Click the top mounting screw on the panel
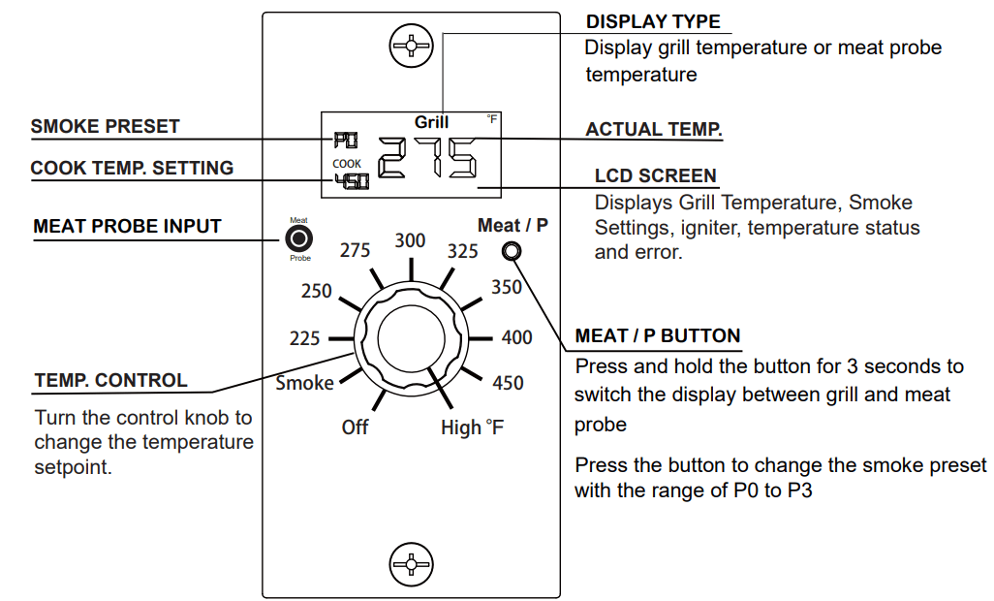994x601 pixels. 411,46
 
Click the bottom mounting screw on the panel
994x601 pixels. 411,563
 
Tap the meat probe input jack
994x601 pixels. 300,238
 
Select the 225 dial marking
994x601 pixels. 304,339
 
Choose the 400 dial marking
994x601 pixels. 516,337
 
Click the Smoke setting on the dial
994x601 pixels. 304,383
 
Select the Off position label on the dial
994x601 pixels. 355,427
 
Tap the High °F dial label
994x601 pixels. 472,427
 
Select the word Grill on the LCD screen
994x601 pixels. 431,122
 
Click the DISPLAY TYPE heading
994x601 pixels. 653,21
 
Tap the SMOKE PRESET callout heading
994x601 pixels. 105,127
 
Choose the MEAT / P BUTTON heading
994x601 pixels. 657,336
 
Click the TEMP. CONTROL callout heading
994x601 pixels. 110,380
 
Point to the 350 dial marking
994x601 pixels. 506,287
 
